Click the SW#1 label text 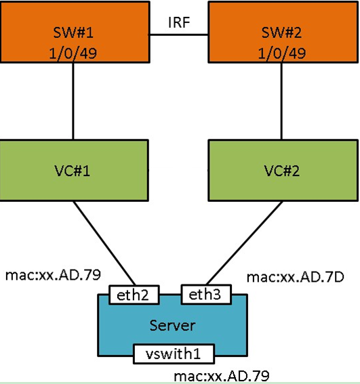point(73,33)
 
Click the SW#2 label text point(281,33)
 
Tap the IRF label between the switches point(179,22)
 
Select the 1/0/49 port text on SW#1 point(73,53)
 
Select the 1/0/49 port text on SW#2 point(282,53)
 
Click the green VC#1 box point(74,171)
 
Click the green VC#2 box point(283,171)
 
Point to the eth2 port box point(134,295)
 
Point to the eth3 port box point(206,295)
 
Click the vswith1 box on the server point(174,354)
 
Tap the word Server point(172,326)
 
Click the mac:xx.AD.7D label point(296,277)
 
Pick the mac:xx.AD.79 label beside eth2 point(53,275)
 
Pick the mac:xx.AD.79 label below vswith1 point(222,375)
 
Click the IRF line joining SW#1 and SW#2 point(179,35)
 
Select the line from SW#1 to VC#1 point(73,101)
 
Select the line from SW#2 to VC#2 point(281,101)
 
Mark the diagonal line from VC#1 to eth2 point(104,243)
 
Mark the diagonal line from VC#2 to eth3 point(245,243)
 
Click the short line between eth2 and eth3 point(170,295)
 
